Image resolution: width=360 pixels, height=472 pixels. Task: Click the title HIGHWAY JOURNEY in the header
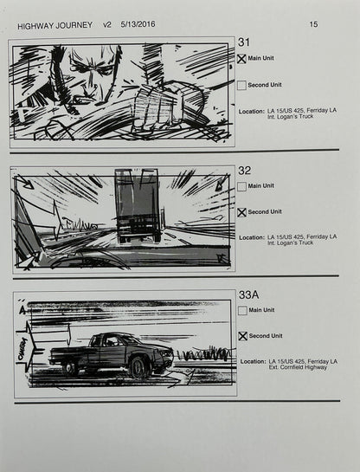[55, 25]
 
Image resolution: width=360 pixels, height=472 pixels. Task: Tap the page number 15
[312, 25]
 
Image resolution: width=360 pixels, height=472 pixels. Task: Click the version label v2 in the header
[107, 25]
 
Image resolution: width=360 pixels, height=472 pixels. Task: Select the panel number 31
[244, 42]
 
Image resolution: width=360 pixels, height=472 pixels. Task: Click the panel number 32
[244, 171]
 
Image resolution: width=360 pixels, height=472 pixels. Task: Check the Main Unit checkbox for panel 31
[242, 59]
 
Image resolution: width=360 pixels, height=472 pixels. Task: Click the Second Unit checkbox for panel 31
[242, 86]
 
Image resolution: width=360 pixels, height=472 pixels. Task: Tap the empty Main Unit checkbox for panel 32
[242, 186]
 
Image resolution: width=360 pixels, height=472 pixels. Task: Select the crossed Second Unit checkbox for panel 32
[242, 212]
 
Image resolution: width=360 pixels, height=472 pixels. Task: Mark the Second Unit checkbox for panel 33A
[242, 336]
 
